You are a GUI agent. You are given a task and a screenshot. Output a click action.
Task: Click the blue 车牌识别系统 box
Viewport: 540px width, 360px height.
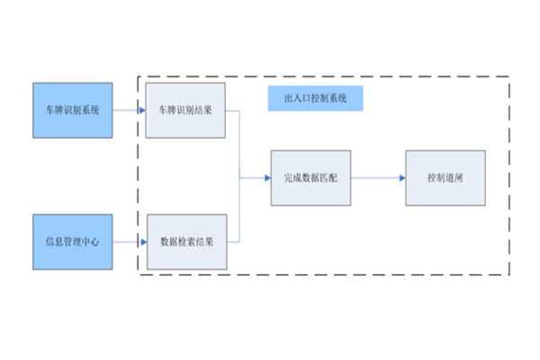[73, 110]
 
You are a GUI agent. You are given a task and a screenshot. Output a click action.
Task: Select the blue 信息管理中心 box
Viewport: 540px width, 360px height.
[73, 241]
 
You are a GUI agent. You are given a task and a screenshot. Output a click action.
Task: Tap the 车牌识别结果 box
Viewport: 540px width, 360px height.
[186, 110]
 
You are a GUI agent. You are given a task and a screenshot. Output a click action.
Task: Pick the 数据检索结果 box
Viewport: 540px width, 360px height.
[186, 241]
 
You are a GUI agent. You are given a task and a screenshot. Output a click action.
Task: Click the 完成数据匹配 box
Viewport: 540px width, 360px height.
[310, 177]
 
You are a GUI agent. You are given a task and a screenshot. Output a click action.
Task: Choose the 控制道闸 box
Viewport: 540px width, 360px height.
[445, 177]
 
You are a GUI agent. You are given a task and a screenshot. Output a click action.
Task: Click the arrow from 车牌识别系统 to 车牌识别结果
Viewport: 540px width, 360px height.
[129, 110]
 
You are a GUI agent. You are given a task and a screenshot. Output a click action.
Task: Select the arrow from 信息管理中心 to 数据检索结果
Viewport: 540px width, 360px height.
[129, 241]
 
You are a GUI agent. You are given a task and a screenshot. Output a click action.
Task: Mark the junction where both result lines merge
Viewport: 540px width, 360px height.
[239, 177]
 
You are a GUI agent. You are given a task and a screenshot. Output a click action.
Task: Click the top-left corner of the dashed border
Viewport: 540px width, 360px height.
[138, 76]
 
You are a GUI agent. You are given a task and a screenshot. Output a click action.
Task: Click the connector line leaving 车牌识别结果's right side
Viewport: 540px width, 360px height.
[233, 111]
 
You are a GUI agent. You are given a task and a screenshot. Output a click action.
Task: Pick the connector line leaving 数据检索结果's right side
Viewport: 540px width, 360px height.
[233, 241]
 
